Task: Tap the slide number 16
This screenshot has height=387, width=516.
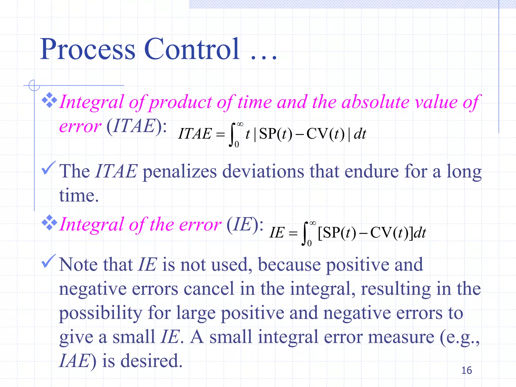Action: [466, 370]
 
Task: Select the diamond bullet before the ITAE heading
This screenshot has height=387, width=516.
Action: [49, 100]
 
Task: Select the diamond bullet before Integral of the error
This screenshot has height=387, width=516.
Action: [49, 222]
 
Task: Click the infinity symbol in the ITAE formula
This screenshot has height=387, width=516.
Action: [240, 124]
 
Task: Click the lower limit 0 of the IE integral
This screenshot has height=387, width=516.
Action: [309, 243]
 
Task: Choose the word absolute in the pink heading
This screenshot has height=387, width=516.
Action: [375, 102]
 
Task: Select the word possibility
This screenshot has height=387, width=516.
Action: [101, 313]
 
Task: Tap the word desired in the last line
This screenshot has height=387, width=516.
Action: [151, 361]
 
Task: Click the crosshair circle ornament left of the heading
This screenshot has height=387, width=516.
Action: [34, 85]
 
